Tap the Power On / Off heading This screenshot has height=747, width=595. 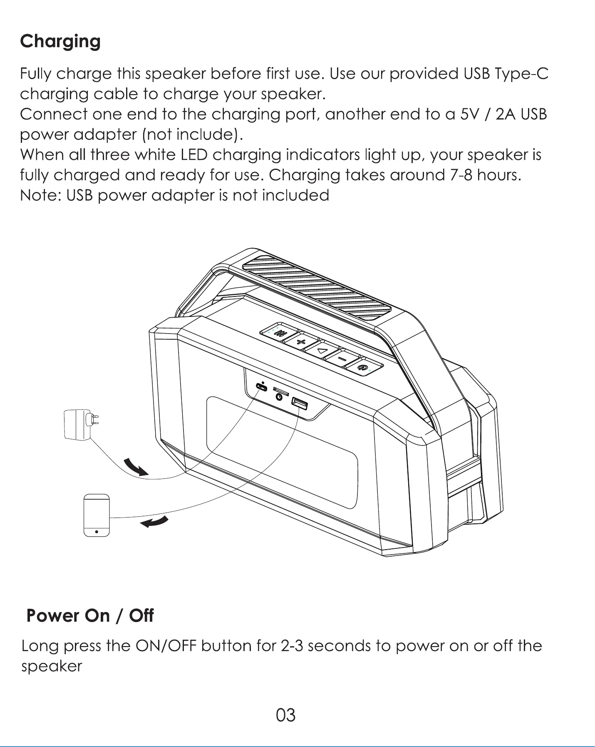tap(90, 615)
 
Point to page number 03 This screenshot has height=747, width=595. tap(286, 715)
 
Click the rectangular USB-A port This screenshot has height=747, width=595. tap(300, 403)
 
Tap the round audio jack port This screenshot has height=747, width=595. tap(280, 397)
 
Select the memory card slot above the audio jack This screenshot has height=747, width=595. tap(281, 390)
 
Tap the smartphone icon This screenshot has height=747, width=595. tap(97, 515)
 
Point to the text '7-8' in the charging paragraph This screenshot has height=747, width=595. tap(461, 175)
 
